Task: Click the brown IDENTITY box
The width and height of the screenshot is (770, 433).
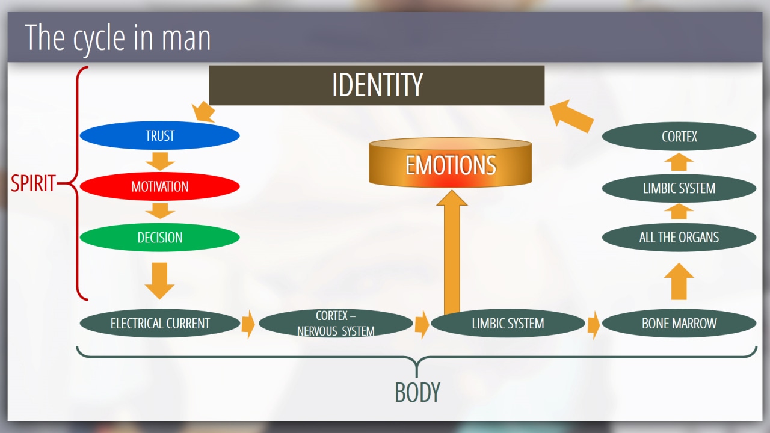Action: click(377, 85)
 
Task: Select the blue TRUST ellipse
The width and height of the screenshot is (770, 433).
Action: click(159, 136)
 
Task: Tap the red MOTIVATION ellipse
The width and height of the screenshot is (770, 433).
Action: click(159, 186)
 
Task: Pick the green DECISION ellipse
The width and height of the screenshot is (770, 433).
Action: click(159, 238)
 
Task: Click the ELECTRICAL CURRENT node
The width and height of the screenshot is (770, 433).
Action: click(159, 324)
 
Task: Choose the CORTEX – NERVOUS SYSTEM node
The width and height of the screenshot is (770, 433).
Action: click(336, 324)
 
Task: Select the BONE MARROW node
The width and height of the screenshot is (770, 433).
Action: click(679, 324)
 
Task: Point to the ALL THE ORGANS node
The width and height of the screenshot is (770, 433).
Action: click(679, 237)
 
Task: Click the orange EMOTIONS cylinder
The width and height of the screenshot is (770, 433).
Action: click(451, 163)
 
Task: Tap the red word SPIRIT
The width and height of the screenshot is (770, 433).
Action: click(34, 183)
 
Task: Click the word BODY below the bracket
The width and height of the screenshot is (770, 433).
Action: click(417, 392)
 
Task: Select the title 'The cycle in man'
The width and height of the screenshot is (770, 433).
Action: click(118, 38)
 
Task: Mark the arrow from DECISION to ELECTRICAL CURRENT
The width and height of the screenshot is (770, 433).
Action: click(160, 280)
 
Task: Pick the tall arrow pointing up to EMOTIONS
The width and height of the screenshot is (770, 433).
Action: click(452, 253)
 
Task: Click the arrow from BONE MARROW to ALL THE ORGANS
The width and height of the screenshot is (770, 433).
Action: click(679, 281)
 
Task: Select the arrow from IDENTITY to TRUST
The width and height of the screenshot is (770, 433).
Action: click(204, 112)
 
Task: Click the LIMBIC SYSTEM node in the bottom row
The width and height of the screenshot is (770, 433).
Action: click(508, 324)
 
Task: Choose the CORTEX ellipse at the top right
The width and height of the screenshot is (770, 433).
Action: click(679, 137)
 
